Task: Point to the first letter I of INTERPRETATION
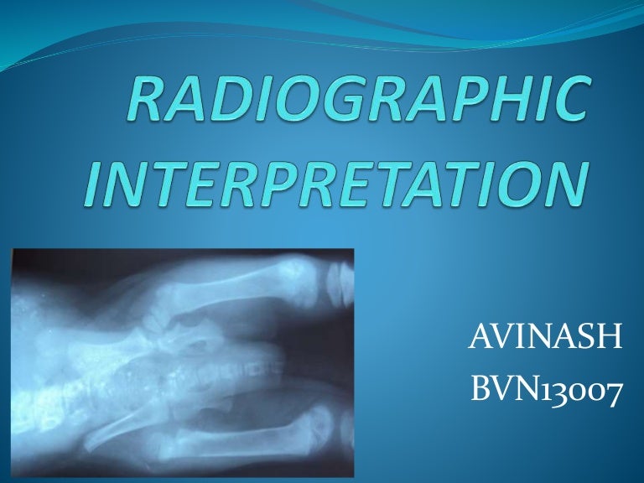pyautogui.click(x=100, y=185)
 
